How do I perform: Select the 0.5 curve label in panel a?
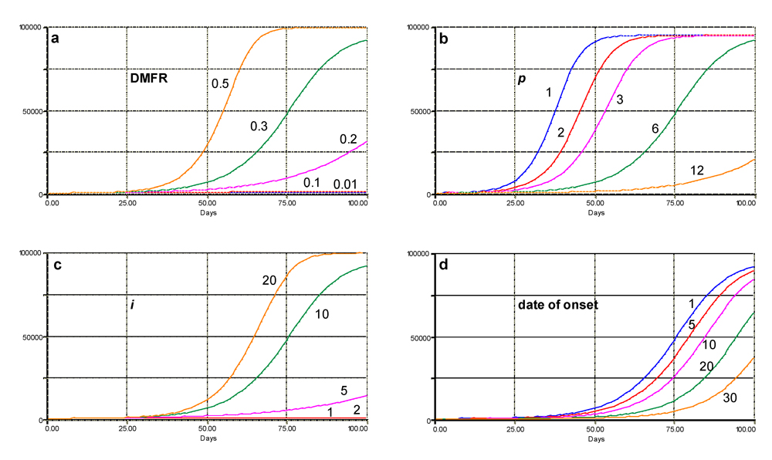coord(220,82)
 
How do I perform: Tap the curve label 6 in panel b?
coord(654,128)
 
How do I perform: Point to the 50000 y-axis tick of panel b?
coord(420,111)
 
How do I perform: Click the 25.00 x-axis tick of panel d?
coord(514,429)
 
